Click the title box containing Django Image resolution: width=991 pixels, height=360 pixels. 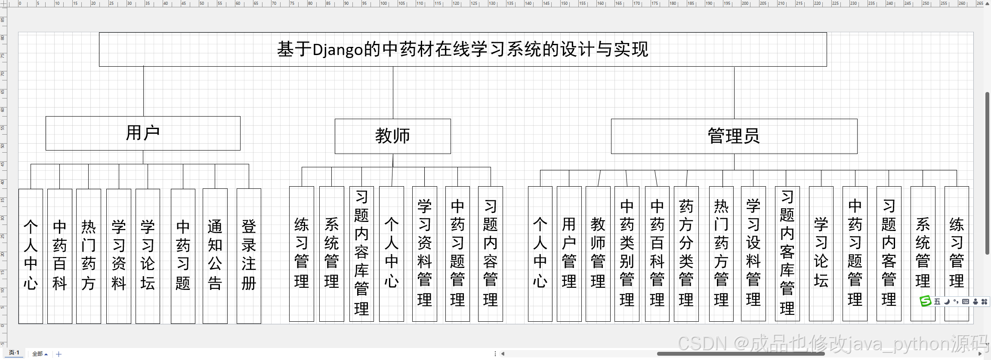tap(463, 49)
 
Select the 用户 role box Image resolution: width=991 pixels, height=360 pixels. tap(143, 133)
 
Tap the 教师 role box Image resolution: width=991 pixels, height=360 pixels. tap(392, 136)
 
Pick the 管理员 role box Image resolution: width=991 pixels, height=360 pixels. tap(734, 136)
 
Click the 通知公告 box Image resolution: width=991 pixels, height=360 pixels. tap(215, 255)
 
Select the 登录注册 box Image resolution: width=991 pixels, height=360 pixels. tap(249, 255)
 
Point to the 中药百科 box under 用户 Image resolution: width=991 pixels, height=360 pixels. tap(59, 255)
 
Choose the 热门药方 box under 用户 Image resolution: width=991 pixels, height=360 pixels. tap(88, 255)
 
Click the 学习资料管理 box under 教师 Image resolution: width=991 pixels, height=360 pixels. tap(424, 254)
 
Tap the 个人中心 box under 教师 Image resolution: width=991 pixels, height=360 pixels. tap(391, 254)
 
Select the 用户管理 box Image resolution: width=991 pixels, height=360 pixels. tap(569, 254)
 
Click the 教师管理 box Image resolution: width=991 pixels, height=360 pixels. tap(598, 254)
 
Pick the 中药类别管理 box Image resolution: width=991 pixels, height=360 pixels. tap(627, 254)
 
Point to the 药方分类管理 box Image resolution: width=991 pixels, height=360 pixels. tap(686, 254)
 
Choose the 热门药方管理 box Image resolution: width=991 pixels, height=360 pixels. tap(721, 254)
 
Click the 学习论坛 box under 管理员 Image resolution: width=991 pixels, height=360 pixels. tap(821, 254)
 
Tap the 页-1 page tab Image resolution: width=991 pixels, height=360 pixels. tap(14, 353)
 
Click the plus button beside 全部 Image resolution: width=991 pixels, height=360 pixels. tap(59, 354)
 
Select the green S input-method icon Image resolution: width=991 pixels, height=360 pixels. tap(925, 302)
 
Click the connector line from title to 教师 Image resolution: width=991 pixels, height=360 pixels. tap(393, 92)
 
